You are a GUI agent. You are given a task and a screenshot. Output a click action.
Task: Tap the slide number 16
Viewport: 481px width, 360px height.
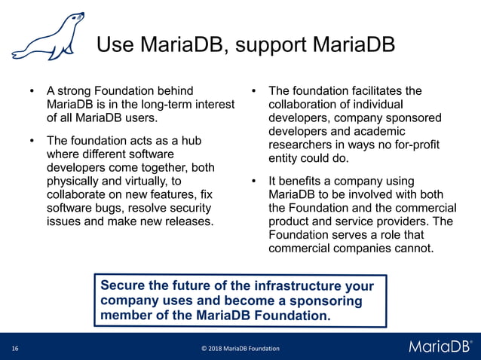coord(15,349)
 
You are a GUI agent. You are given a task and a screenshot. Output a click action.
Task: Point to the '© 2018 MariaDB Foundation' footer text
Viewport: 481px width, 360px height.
coord(240,349)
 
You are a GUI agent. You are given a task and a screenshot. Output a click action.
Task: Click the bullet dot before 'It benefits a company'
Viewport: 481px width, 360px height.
coord(255,182)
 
